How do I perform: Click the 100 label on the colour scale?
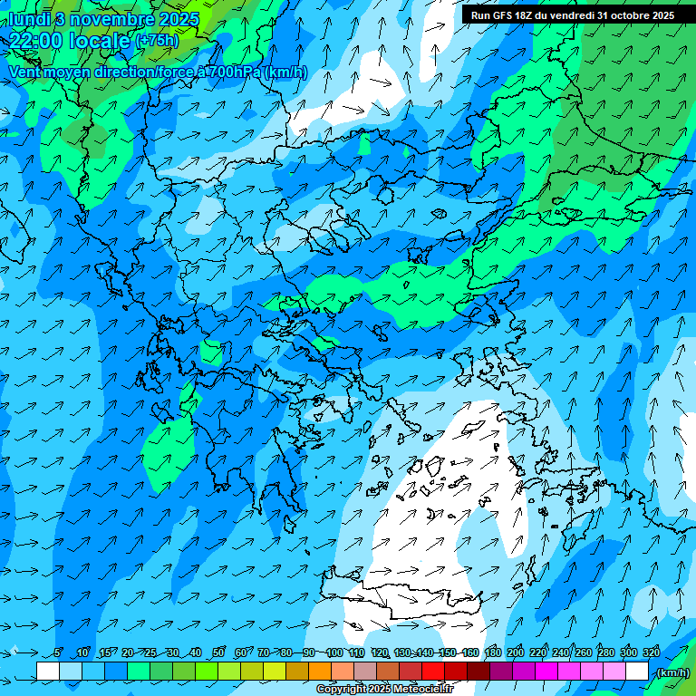[x=334, y=652]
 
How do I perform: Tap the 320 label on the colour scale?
[x=652, y=652]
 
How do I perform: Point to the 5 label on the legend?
[x=57, y=652]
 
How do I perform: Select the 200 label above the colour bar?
[x=516, y=652]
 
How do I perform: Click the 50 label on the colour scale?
[x=218, y=652]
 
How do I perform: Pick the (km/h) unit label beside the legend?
[x=672, y=672]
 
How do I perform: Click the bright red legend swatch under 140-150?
[x=434, y=672]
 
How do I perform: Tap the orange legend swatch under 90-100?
[x=321, y=672]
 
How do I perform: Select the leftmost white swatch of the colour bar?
[x=48, y=672]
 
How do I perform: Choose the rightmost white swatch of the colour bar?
[x=637, y=672]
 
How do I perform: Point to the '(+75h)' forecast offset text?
[x=157, y=41]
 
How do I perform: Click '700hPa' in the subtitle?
[x=237, y=72]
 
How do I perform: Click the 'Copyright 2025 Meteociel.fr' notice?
[x=384, y=690]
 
